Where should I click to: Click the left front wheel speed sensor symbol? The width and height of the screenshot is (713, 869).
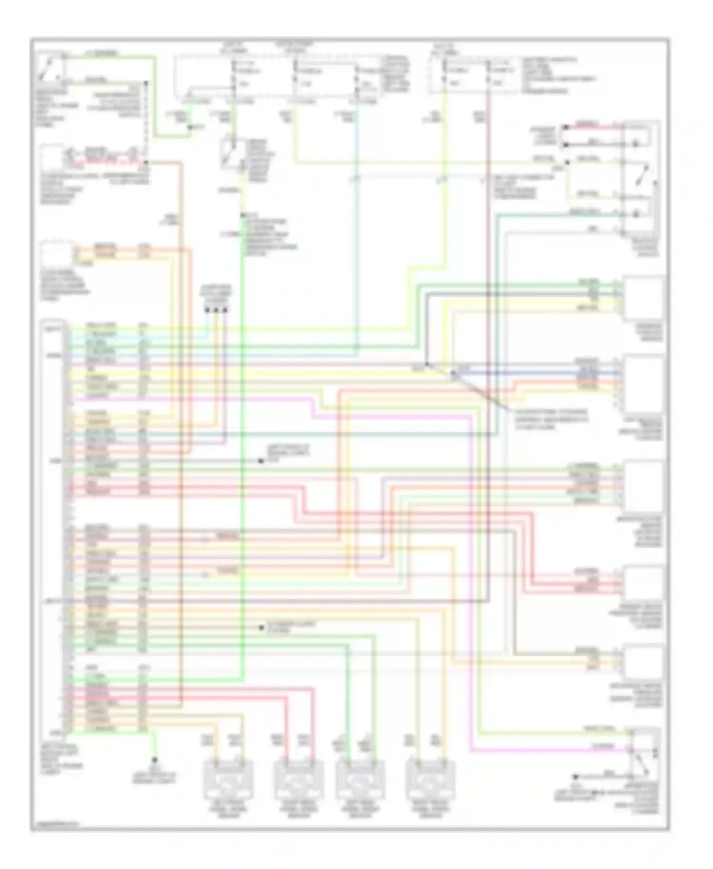[x=228, y=780]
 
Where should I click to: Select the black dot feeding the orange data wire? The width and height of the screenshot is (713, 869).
[x=216, y=310]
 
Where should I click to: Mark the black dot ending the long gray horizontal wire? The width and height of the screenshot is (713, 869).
[x=261, y=461]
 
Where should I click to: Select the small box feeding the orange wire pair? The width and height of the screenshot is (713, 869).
[x=57, y=253]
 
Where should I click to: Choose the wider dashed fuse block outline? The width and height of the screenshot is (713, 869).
[x=278, y=78]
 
